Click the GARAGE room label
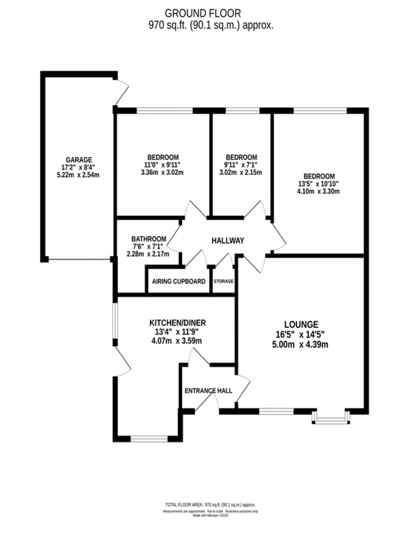[78, 160]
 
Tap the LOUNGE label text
[301, 324]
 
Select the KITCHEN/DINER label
[178, 323]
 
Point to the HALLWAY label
[227, 240]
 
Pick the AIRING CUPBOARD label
[179, 281]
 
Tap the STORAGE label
[224, 281]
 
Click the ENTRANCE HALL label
[208, 391]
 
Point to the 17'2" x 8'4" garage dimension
[78, 168]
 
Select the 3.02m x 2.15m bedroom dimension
[241, 172]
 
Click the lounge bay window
[331, 417]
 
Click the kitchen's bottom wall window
[149, 439]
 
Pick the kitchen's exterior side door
[121, 360]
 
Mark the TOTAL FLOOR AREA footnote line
[210, 505]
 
